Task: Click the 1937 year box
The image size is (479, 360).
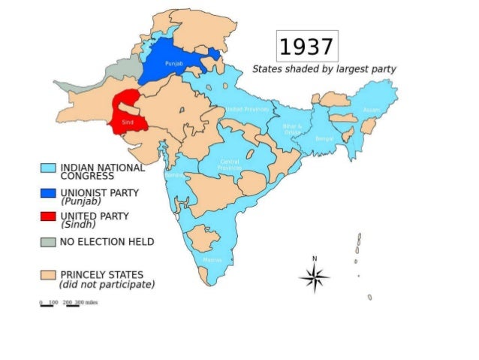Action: tap(307, 47)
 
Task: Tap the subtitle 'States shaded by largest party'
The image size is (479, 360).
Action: tap(324, 68)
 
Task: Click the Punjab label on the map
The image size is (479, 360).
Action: tap(173, 64)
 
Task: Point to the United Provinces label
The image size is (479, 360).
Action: tap(247, 109)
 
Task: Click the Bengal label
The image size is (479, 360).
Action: tap(324, 139)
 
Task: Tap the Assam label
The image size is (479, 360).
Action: tap(370, 110)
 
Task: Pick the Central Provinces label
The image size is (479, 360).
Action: tap(229, 165)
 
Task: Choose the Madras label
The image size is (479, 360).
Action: tap(211, 260)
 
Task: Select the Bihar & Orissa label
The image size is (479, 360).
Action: tap(292, 129)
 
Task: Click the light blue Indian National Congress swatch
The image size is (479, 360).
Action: tap(49, 168)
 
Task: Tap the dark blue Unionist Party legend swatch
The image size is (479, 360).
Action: tap(49, 193)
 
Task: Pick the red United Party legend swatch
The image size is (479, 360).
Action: tap(49, 217)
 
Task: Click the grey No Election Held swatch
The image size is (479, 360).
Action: tap(49, 242)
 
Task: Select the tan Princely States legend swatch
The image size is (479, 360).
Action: tap(49, 275)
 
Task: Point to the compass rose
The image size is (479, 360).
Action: tap(315, 278)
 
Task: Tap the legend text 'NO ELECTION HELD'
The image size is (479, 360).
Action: tap(107, 242)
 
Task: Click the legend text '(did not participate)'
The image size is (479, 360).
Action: tap(107, 285)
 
